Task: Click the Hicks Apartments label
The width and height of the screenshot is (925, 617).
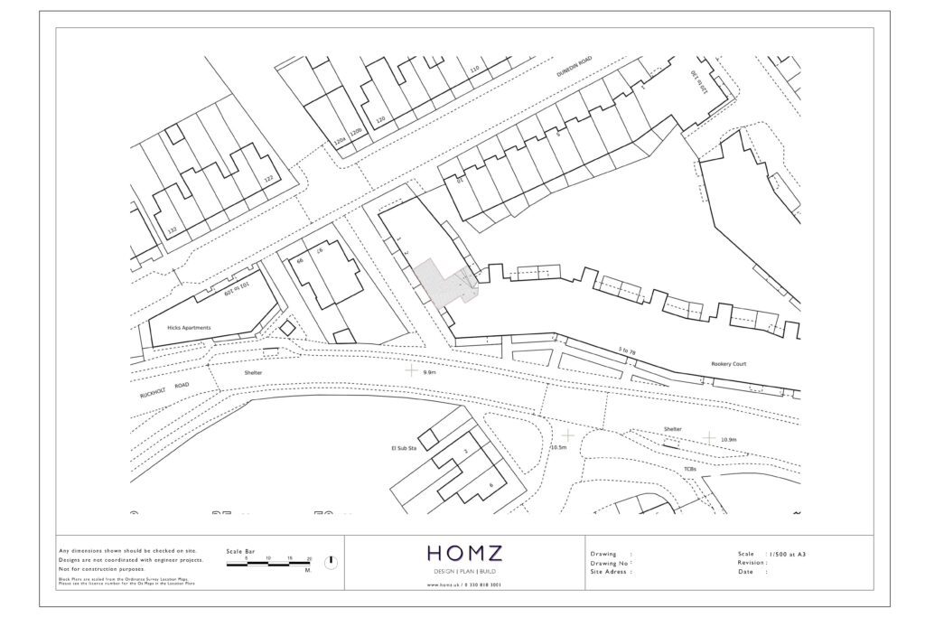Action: point(189,328)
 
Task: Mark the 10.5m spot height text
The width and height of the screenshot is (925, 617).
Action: point(558,447)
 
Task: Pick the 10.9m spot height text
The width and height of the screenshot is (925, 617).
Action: point(729,440)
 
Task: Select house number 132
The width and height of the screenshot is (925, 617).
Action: point(172,231)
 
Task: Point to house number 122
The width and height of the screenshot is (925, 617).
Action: point(267,180)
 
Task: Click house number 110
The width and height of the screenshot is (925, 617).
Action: point(474,70)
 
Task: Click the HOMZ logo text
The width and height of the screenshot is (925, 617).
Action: point(464,553)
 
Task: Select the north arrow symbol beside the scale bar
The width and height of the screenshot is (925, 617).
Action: point(331,562)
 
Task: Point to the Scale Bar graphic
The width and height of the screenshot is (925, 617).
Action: point(268,561)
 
